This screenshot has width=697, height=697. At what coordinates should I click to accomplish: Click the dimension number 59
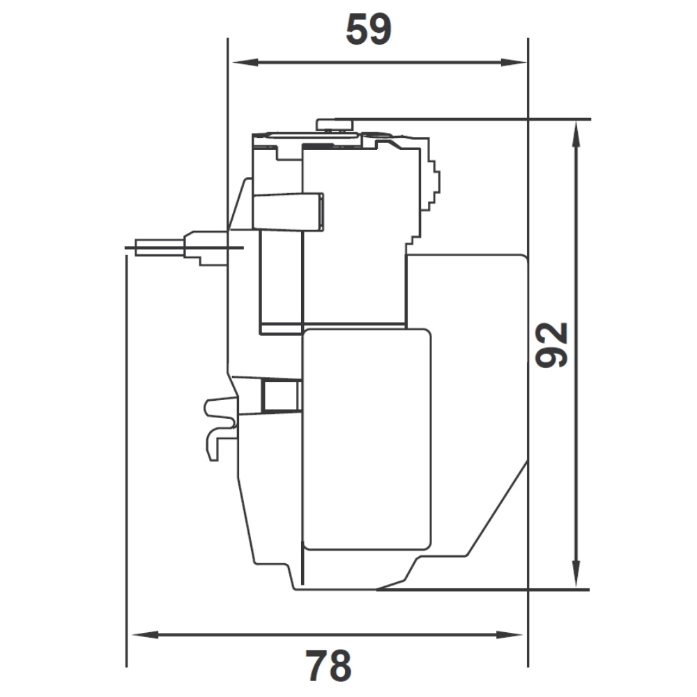(x=369, y=29)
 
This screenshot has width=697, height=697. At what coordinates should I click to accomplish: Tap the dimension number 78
(x=328, y=666)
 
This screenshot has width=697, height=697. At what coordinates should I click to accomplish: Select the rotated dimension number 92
(x=551, y=345)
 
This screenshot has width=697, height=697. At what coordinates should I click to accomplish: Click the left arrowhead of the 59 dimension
(x=243, y=63)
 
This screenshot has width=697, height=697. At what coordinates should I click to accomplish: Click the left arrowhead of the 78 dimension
(x=144, y=634)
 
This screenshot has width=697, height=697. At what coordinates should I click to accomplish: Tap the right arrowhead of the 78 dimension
(x=510, y=634)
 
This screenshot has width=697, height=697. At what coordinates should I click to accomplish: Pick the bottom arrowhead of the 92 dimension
(x=576, y=574)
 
